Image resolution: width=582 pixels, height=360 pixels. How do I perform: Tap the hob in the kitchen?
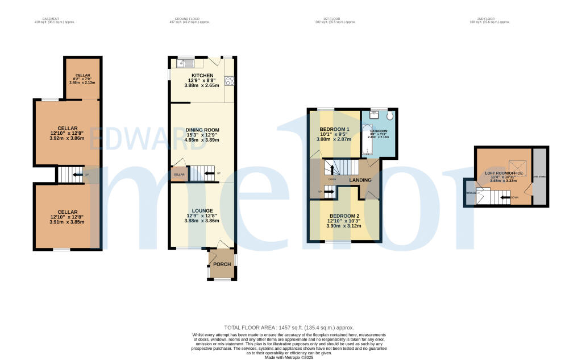231,80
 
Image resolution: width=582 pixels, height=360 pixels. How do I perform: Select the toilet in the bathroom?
390,115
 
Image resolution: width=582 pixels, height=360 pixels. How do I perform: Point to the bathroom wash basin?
373,114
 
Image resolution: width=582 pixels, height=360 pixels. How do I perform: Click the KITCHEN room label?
202,76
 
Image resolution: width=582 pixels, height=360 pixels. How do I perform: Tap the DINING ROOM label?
202,130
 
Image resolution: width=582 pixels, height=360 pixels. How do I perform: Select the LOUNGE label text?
202,211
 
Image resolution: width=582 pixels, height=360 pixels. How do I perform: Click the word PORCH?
222,265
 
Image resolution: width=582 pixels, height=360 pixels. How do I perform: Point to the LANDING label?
360,180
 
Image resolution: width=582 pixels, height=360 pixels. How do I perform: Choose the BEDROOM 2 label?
344,216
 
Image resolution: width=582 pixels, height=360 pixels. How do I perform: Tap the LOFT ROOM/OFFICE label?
504,173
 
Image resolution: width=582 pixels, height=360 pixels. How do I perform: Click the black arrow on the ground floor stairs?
210,173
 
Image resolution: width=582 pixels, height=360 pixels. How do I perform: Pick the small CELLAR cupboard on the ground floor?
179,174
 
